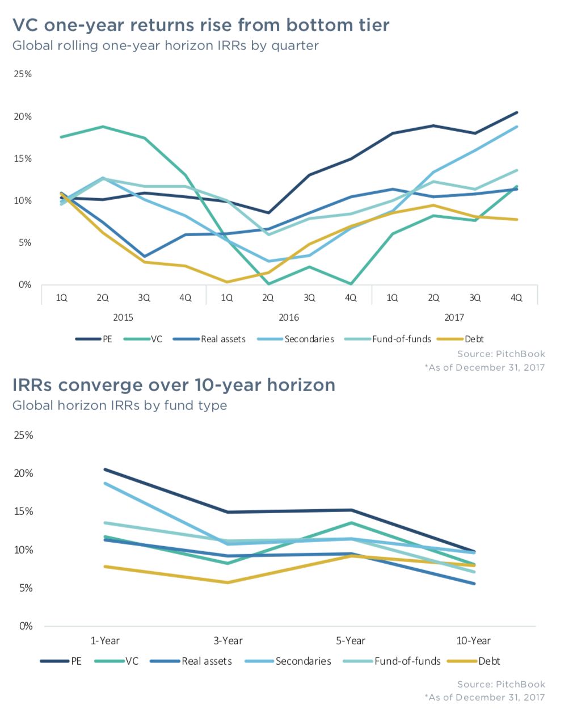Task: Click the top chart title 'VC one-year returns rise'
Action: pos(201,26)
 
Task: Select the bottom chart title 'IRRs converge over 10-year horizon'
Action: pos(174,385)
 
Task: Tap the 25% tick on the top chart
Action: pos(23,74)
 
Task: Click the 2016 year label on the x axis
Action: pos(289,317)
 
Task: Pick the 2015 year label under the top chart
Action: pos(123,317)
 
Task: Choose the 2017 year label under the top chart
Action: pos(454,317)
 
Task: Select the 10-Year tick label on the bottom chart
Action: pos(473,641)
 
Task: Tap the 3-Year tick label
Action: pos(228,641)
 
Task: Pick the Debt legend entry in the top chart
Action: pos(474,339)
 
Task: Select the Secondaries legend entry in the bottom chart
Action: pos(303,661)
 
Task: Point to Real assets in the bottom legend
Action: pos(207,661)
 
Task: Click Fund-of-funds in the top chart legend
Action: pos(402,339)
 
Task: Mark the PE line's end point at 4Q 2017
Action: pos(516,112)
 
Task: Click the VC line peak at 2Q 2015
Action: pos(103,127)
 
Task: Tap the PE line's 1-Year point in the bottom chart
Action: pos(106,470)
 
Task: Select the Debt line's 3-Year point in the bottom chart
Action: pos(228,582)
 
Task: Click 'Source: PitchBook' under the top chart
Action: pos(501,354)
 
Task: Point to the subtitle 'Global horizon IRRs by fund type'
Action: pos(120,406)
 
